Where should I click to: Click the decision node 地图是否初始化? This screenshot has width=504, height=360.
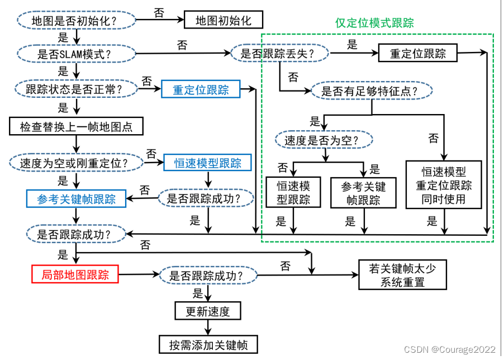click(77, 21)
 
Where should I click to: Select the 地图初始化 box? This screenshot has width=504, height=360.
click(222, 21)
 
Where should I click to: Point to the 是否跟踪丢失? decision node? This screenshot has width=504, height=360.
click(280, 54)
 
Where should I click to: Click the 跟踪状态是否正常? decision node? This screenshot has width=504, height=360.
click(74, 88)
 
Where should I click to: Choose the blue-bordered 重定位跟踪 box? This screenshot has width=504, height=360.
click(201, 89)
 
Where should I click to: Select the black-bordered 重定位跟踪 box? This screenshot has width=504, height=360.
click(417, 54)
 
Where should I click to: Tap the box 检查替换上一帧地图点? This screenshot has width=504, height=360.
click(77, 126)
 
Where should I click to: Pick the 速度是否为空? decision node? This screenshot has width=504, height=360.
click(324, 140)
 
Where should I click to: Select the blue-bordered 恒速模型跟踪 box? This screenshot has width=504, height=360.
click(208, 163)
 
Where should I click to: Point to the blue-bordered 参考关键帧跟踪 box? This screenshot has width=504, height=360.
click(77, 198)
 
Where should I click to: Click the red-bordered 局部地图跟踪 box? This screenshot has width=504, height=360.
click(75, 274)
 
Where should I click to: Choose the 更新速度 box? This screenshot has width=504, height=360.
click(209, 311)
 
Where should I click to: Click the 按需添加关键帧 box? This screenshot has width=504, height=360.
click(208, 343)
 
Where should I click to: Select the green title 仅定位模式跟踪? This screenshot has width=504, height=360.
click(374, 23)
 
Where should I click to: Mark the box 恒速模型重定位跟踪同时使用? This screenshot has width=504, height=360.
click(444, 184)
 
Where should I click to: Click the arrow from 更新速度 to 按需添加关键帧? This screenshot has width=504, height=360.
click(209, 327)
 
